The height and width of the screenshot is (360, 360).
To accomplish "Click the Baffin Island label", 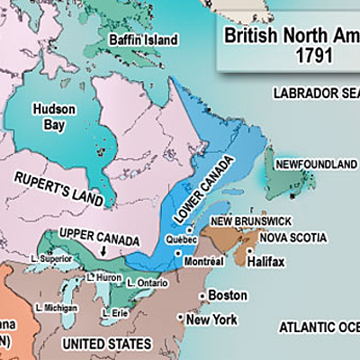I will point(137,40).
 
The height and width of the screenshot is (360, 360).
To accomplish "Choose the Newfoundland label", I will point(316,165).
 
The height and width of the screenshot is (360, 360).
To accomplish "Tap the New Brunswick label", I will point(251,221).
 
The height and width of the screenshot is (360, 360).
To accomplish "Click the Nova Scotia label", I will point(292,237).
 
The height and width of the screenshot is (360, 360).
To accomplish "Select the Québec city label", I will point(183,240).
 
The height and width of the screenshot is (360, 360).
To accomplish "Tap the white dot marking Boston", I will point(202,296).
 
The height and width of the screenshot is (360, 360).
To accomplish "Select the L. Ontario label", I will point(145,282).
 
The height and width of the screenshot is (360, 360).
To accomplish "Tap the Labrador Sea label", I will point(315,93).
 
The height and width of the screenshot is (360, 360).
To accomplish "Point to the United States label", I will point(105,344).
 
